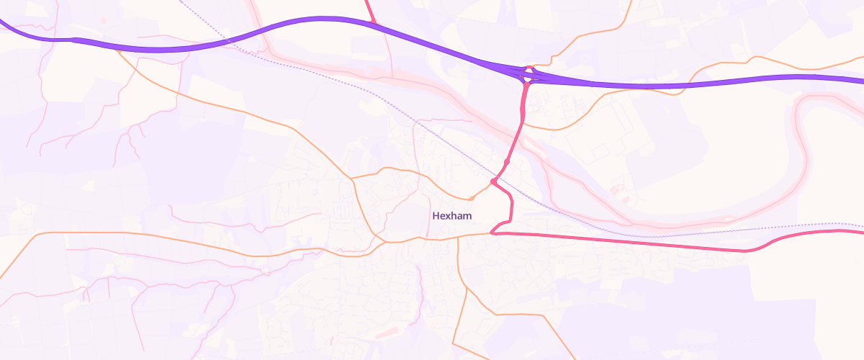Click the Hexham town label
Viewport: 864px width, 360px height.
click(451, 215)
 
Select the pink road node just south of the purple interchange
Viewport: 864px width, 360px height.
click(526, 85)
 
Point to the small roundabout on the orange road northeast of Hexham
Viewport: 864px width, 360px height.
click(471, 198)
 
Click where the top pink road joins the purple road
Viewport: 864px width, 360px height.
click(373, 24)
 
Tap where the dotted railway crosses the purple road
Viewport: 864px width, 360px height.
click(229, 41)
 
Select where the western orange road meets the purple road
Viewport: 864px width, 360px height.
click(116, 48)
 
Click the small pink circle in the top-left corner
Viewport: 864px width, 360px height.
click(104, 20)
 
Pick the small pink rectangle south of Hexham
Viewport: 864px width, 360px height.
click(386, 333)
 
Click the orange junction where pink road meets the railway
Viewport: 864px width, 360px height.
click(494, 181)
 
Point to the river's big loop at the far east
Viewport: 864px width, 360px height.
click(799, 144)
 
